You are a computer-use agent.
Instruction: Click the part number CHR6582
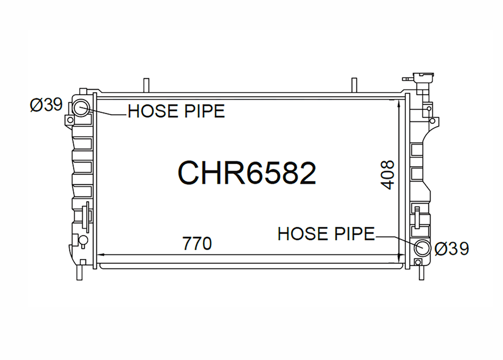(247, 173)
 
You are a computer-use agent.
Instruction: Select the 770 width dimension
(197, 243)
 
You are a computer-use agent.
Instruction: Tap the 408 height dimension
(387, 175)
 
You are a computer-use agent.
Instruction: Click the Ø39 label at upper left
(46, 105)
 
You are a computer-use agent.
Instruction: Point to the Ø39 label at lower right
(452, 248)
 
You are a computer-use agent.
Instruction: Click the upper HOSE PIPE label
(176, 111)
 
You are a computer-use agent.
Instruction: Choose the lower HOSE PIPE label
(326, 233)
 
